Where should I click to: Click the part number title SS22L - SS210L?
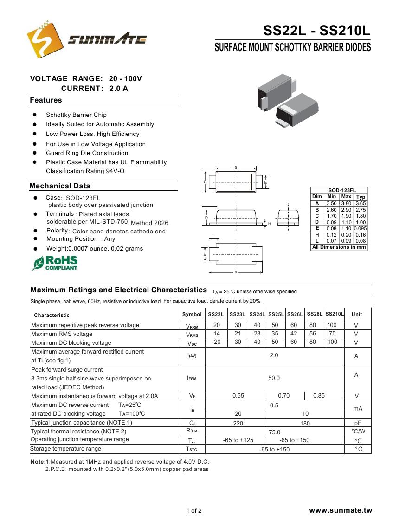pyautogui.click(x=317, y=31)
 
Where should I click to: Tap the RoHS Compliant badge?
pyautogui.click(x=55, y=263)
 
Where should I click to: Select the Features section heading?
pyautogui.click(x=46, y=100)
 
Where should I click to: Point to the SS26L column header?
pyautogui.click(x=295, y=314)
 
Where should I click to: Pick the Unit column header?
pyautogui.click(x=357, y=314)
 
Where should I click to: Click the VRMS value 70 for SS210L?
pyautogui.click(x=332, y=334)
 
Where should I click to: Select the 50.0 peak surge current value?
pyautogui.click(x=274, y=378)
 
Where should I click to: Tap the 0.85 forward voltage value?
pyautogui.click(x=319, y=396)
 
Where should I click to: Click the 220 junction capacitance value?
pyautogui.click(x=238, y=423)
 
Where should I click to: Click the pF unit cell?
pyautogui.click(x=357, y=423)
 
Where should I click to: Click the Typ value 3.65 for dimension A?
pyautogui.click(x=361, y=203)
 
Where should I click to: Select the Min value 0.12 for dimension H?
pyautogui.click(x=331, y=235)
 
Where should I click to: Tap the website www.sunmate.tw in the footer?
pyautogui.click(x=341, y=510)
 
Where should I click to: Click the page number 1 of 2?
pyautogui.click(x=194, y=511)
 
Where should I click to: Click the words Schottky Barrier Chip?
pyautogui.click(x=76, y=115)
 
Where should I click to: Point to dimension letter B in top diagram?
pyautogui.click(x=236, y=168)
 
